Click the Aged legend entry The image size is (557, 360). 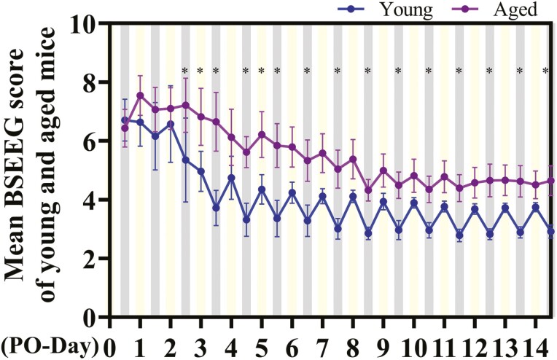coord(499,9)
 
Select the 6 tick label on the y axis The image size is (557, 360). coord(95,141)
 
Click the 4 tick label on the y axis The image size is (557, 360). coord(95,200)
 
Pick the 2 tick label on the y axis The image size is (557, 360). coord(95,259)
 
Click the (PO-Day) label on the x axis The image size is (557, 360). coord(50,343)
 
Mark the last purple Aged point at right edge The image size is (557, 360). coord(550,181)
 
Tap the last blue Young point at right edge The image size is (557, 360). coord(550,232)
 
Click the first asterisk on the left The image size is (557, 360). coord(185,71)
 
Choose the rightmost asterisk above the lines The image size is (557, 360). coord(546,71)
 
